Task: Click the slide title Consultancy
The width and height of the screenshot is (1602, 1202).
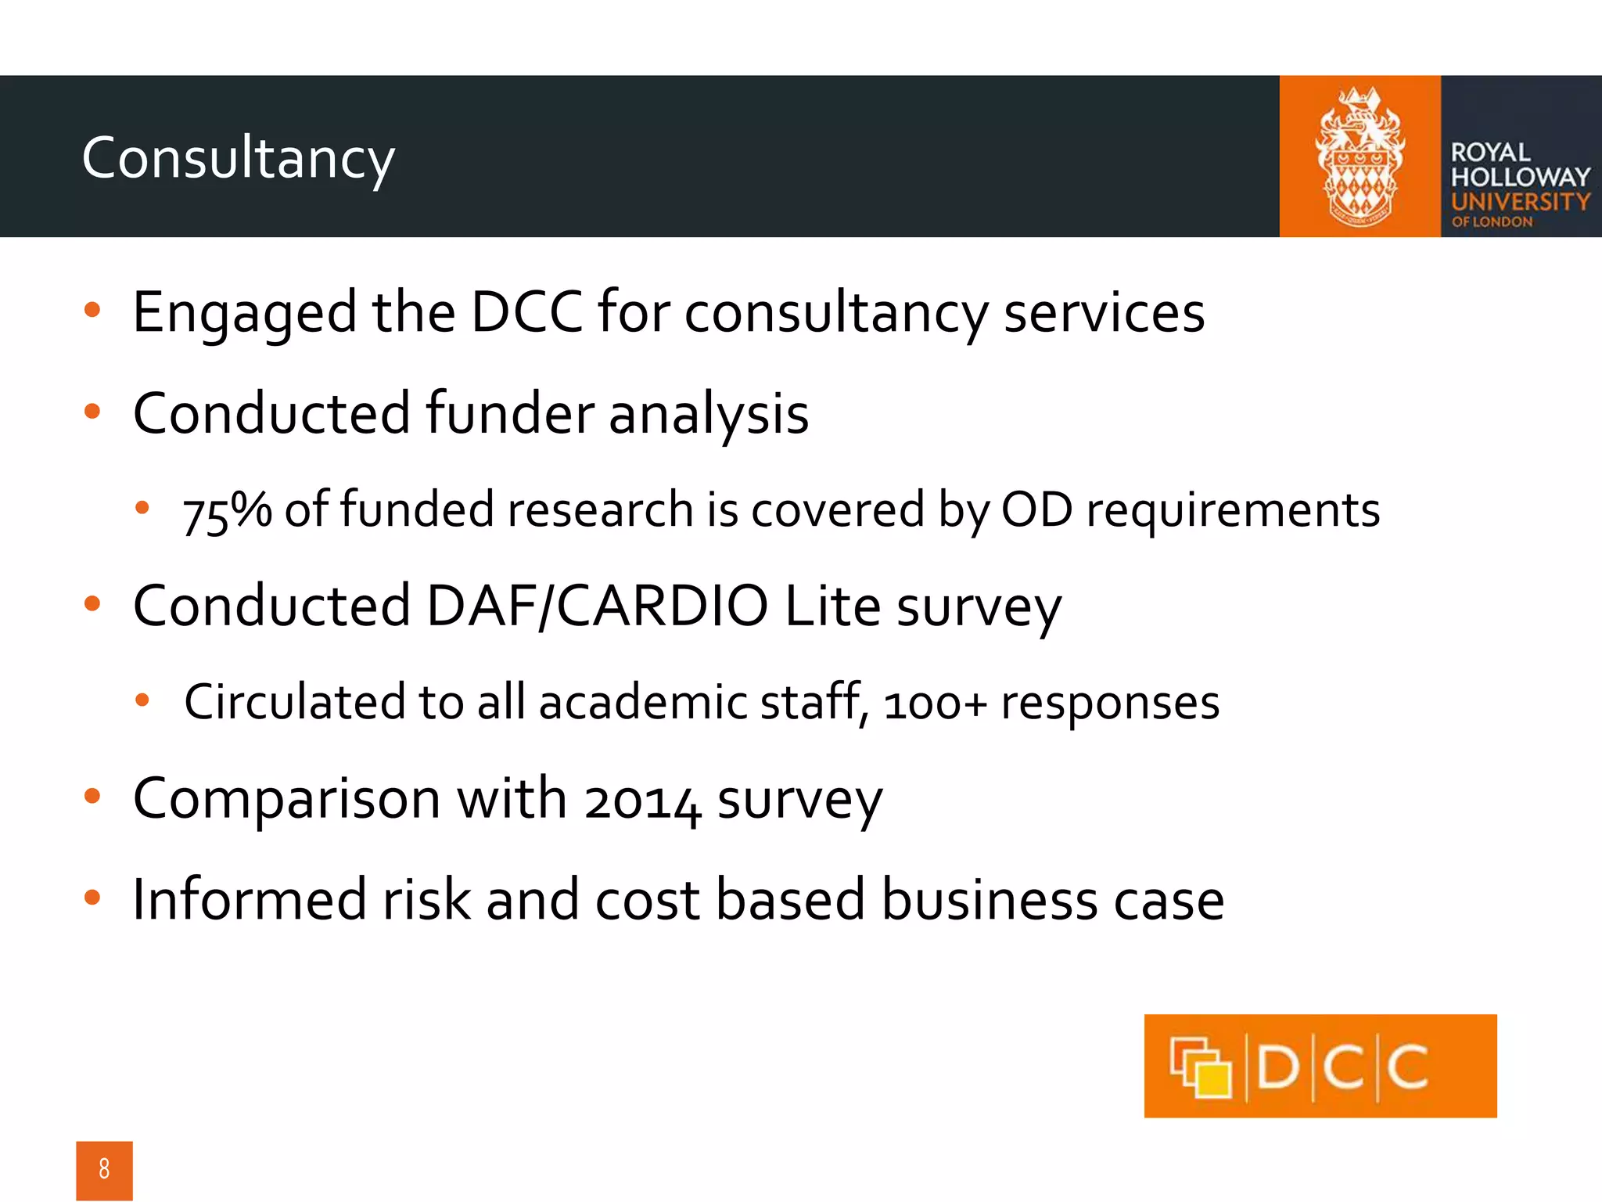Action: coord(238,158)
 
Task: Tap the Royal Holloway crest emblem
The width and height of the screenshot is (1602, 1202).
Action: coord(1360,157)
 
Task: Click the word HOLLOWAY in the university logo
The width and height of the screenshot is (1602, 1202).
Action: coord(1520,177)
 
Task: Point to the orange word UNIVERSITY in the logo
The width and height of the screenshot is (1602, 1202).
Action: coord(1520,202)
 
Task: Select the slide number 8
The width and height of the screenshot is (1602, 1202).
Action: coord(104,1169)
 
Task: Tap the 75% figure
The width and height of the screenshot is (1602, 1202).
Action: coord(227,511)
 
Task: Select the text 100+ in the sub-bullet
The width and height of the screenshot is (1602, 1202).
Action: coord(935,703)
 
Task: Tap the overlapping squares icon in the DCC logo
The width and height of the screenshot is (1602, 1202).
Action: coord(1200,1067)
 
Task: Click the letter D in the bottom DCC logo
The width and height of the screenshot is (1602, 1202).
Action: coord(1278,1067)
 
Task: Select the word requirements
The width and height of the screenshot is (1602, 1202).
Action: coord(1233,511)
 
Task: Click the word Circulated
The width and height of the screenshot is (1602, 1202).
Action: coord(294,702)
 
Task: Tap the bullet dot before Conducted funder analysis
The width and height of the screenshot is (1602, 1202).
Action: coord(92,412)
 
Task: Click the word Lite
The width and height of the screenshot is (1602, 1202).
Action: coord(832,606)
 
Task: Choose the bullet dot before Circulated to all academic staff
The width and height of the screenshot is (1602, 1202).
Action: coord(142,700)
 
